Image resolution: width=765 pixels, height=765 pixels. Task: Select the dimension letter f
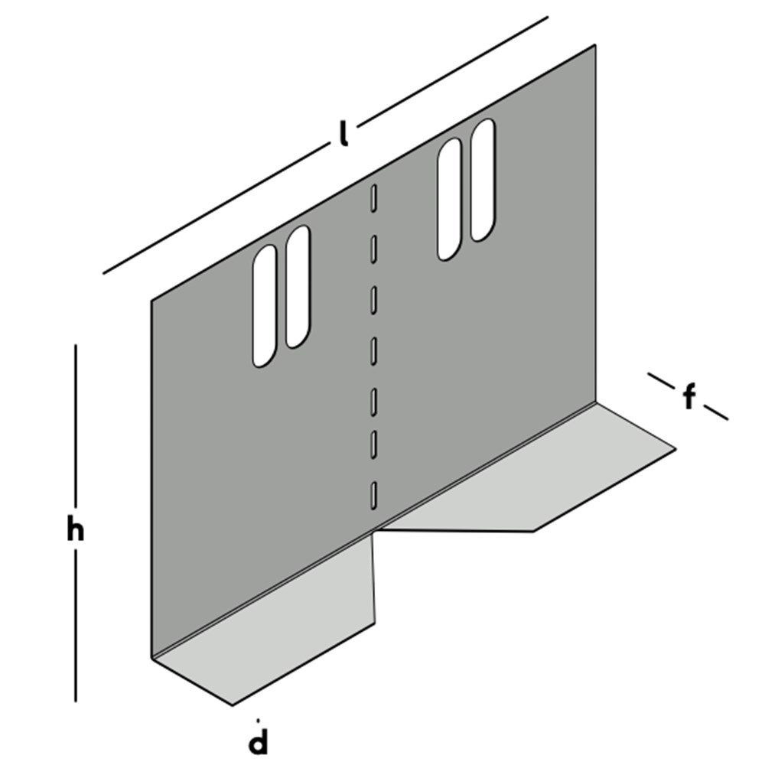coord(689,397)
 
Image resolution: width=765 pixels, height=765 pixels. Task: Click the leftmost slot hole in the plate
coord(265,306)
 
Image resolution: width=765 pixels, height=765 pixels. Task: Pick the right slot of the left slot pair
coord(298,287)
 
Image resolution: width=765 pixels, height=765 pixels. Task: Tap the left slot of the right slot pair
coord(449,199)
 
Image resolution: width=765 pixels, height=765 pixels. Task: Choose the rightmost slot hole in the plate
coord(483,180)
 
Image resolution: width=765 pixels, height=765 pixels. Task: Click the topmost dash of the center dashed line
coord(373,197)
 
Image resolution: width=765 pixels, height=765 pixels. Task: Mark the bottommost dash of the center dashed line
coord(373,495)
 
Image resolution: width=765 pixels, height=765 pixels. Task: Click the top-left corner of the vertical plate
coord(151,300)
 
